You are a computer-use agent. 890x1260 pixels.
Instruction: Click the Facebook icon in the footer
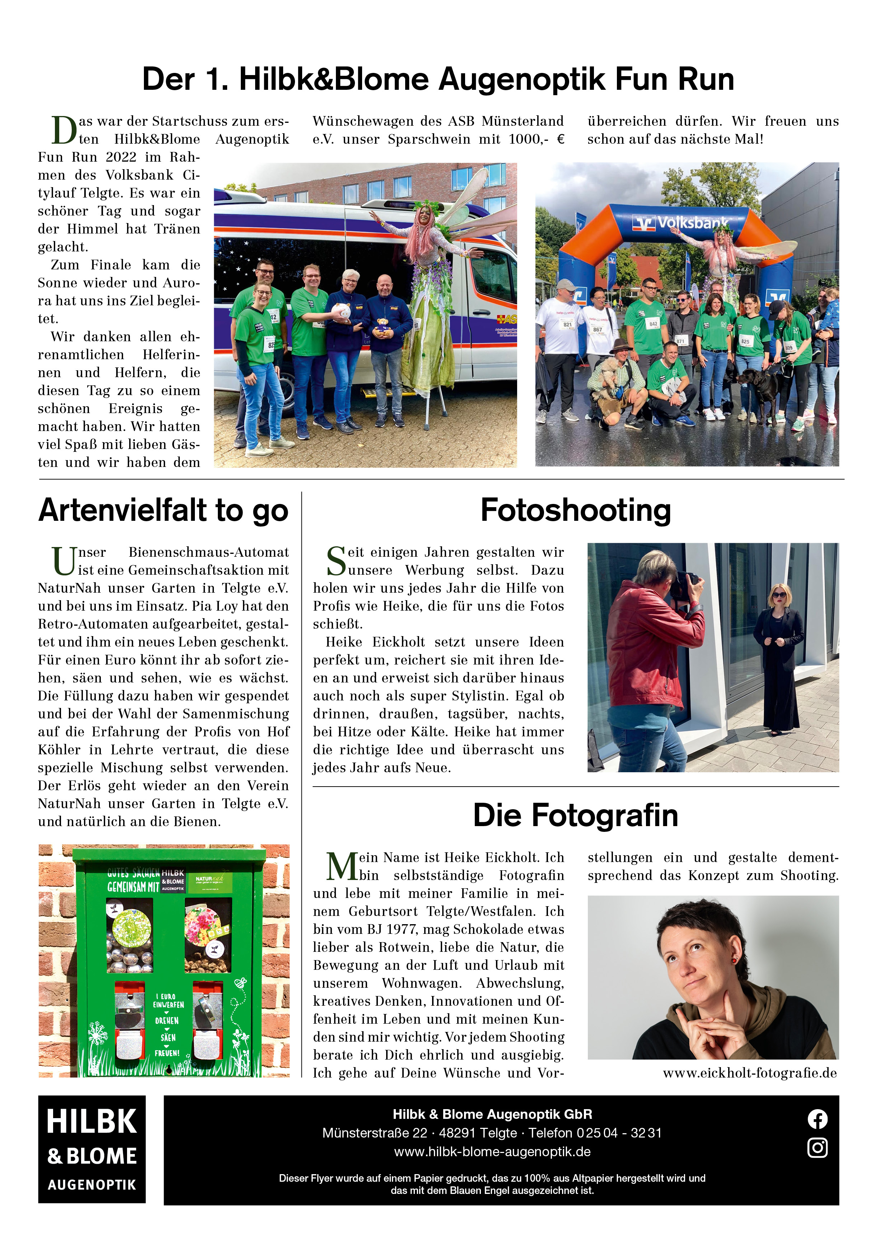click(x=817, y=1119)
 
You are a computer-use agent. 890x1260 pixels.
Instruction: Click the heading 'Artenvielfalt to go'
click(x=163, y=510)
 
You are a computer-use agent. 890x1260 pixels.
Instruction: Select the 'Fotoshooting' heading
click(x=575, y=510)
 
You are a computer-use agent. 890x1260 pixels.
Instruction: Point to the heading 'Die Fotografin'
click(x=575, y=815)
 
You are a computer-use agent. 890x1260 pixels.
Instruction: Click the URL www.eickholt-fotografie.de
click(x=750, y=1073)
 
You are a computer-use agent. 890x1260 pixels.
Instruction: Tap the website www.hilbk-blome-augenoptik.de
click(x=492, y=1152)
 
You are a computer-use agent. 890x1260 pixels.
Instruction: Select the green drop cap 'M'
click(x=342, y=867)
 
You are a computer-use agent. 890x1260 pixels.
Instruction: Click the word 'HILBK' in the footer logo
click(x=92, y=1121)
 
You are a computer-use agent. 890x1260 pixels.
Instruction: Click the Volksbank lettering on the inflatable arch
click(x=692, y=222)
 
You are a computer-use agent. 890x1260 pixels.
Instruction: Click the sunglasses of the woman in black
click(x=779, y=595)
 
